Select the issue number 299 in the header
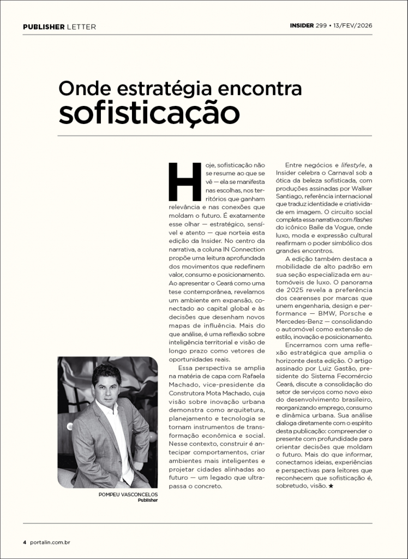click(x=321, y=26)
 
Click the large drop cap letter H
click(x=184, y=182)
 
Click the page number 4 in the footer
click(x=25, y=542)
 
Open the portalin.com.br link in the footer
click(x=51, y=542)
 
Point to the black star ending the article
click(x=331, y=485)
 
